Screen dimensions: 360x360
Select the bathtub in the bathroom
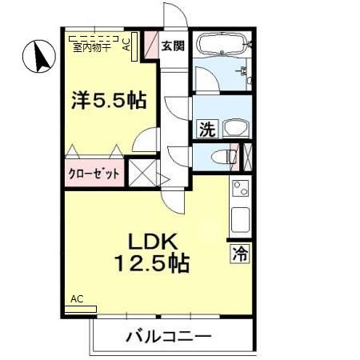pyautogui.click(x=221, y=44)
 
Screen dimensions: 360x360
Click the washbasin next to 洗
pyautogui.click(x=234, y=128)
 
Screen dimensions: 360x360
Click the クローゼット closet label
pyautogui.click(x=94, y=173)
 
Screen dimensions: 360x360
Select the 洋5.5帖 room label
pyautogui.click(x=107, y=102)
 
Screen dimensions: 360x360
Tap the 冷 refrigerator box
pyautogui.click(x=239, y=255)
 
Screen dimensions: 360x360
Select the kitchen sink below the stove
pyautogui.click(x=239, y=218)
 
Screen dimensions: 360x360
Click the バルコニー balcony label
pyautogui.click(x=168, y=335)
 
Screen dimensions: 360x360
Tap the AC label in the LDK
pyautogui.click(x=77, y=299)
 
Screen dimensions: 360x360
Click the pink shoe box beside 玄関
pyautogui.click(x=150, y=46)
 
